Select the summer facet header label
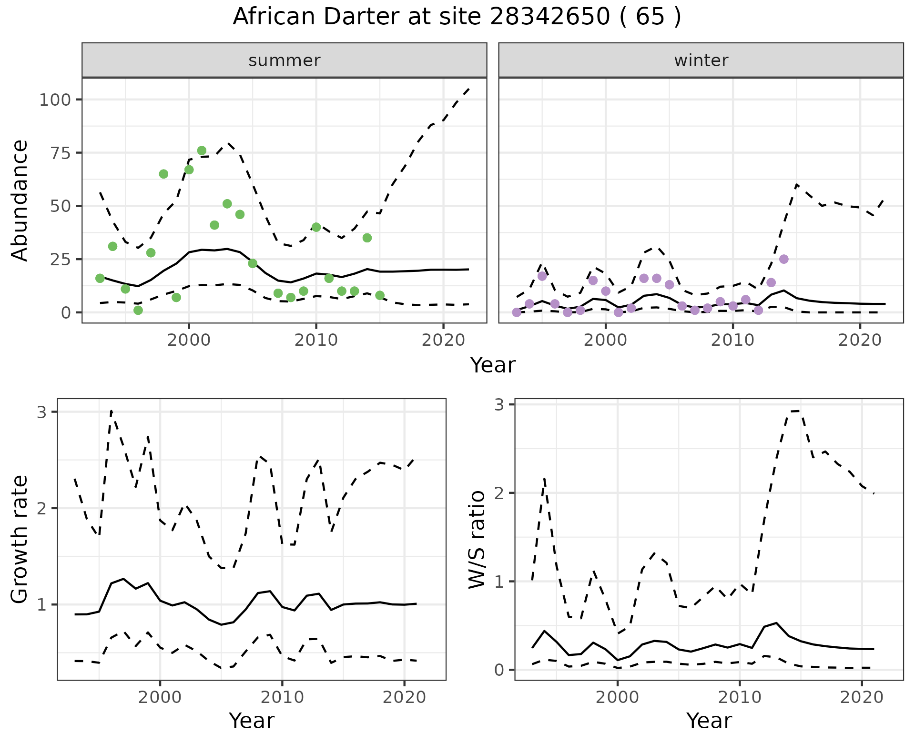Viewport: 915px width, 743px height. coord(285,60)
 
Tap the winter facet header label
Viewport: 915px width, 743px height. coord(701,60)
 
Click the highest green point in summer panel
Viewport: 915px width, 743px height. coord(202,151)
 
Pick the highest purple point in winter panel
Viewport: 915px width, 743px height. coord(784,259)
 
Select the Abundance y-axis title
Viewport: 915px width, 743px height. coord(20,200)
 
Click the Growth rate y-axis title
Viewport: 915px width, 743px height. coord(20,539)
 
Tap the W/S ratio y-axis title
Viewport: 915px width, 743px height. coord(477,539)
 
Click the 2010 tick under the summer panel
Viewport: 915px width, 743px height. coord(316,341)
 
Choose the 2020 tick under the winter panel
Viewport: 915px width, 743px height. coord(860,341)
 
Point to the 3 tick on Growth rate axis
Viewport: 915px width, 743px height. coord(41,412)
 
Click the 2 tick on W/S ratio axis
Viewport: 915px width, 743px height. coord(499,493)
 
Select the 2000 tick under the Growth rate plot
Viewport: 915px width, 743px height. coord(160,697)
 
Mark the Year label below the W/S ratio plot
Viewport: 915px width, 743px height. coord(709,721)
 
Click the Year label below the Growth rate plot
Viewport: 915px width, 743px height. coord(252,721)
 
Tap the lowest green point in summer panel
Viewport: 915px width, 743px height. coord(138,310)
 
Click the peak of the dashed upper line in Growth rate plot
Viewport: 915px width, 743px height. coord(111,411)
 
